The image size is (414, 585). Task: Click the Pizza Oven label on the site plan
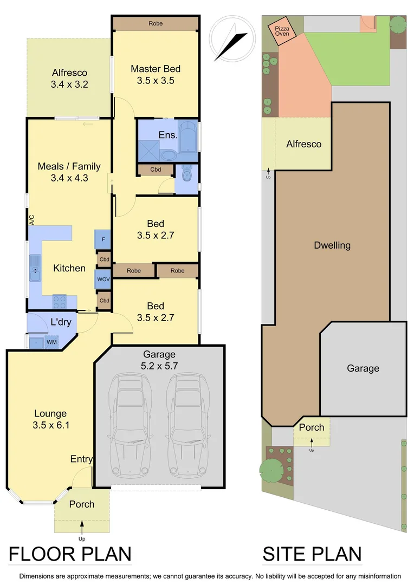(282, 30)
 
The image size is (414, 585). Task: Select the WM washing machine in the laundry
(51, 342)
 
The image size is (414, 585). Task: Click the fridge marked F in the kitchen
(103, 239)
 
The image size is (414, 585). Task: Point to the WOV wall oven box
(103, 279)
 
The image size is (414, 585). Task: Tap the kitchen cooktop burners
(59, 301)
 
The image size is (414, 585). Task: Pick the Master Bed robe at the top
(156, 24)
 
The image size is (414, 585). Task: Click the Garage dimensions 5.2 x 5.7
(159, 366)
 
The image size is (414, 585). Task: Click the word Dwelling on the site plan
(332, 245)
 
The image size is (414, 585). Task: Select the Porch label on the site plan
(312, 428)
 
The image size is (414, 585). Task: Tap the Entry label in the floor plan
(81, 459)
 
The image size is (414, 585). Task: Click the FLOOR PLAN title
(70, 554)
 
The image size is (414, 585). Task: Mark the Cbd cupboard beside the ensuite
(156, 170)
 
